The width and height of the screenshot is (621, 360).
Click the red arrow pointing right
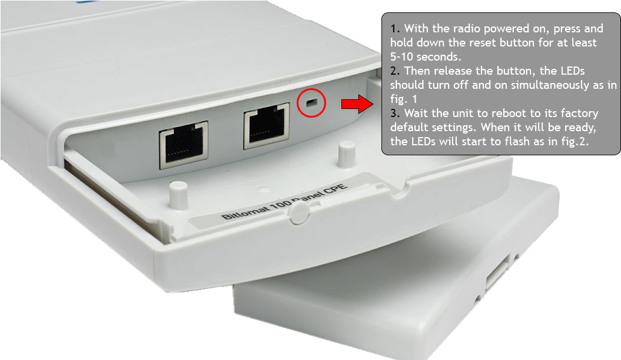(x=357, y=104)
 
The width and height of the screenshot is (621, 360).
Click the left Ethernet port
(x=184, y=145)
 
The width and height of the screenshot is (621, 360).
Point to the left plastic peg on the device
(x=178, y=195)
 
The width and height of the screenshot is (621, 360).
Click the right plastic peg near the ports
(x=347, y=154)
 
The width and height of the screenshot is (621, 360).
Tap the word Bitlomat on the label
(x=244, y=211)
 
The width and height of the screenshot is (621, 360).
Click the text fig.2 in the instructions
(x=574, y=142)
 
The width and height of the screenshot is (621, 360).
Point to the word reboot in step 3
(x=510, y=113)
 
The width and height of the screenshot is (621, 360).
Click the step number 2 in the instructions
(x=394, y=71)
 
